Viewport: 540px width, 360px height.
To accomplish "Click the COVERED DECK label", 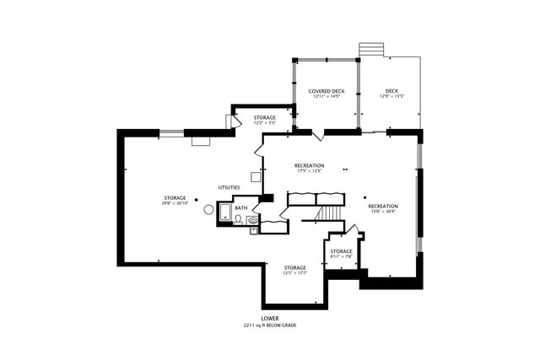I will (x=326, y=91).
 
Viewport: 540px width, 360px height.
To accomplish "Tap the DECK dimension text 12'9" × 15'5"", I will (x=391, y=97).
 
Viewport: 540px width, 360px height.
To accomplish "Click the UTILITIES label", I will (x=229, y=187).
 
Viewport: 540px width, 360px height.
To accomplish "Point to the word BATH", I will (x=240, y=207).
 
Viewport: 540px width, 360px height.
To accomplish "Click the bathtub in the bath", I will (x=224, y=212).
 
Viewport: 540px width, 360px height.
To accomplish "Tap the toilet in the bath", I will (x=239, y=219).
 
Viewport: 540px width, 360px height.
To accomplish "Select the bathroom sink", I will (x=252, y=220).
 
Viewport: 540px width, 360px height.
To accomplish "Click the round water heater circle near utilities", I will (x=208, y=210).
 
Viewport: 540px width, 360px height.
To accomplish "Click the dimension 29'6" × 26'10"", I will (x=175, y=203).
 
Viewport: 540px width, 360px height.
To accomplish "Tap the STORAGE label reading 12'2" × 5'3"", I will (x=265, y=123).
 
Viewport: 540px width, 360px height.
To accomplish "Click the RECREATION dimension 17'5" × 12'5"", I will (x=309, y=171).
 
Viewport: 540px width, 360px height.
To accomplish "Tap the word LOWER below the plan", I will (x=269, y=319).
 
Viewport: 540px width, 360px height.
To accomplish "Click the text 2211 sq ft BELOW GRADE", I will (x=269, y=325).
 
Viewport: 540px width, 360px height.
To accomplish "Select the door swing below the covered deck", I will (x=317, y=136).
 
